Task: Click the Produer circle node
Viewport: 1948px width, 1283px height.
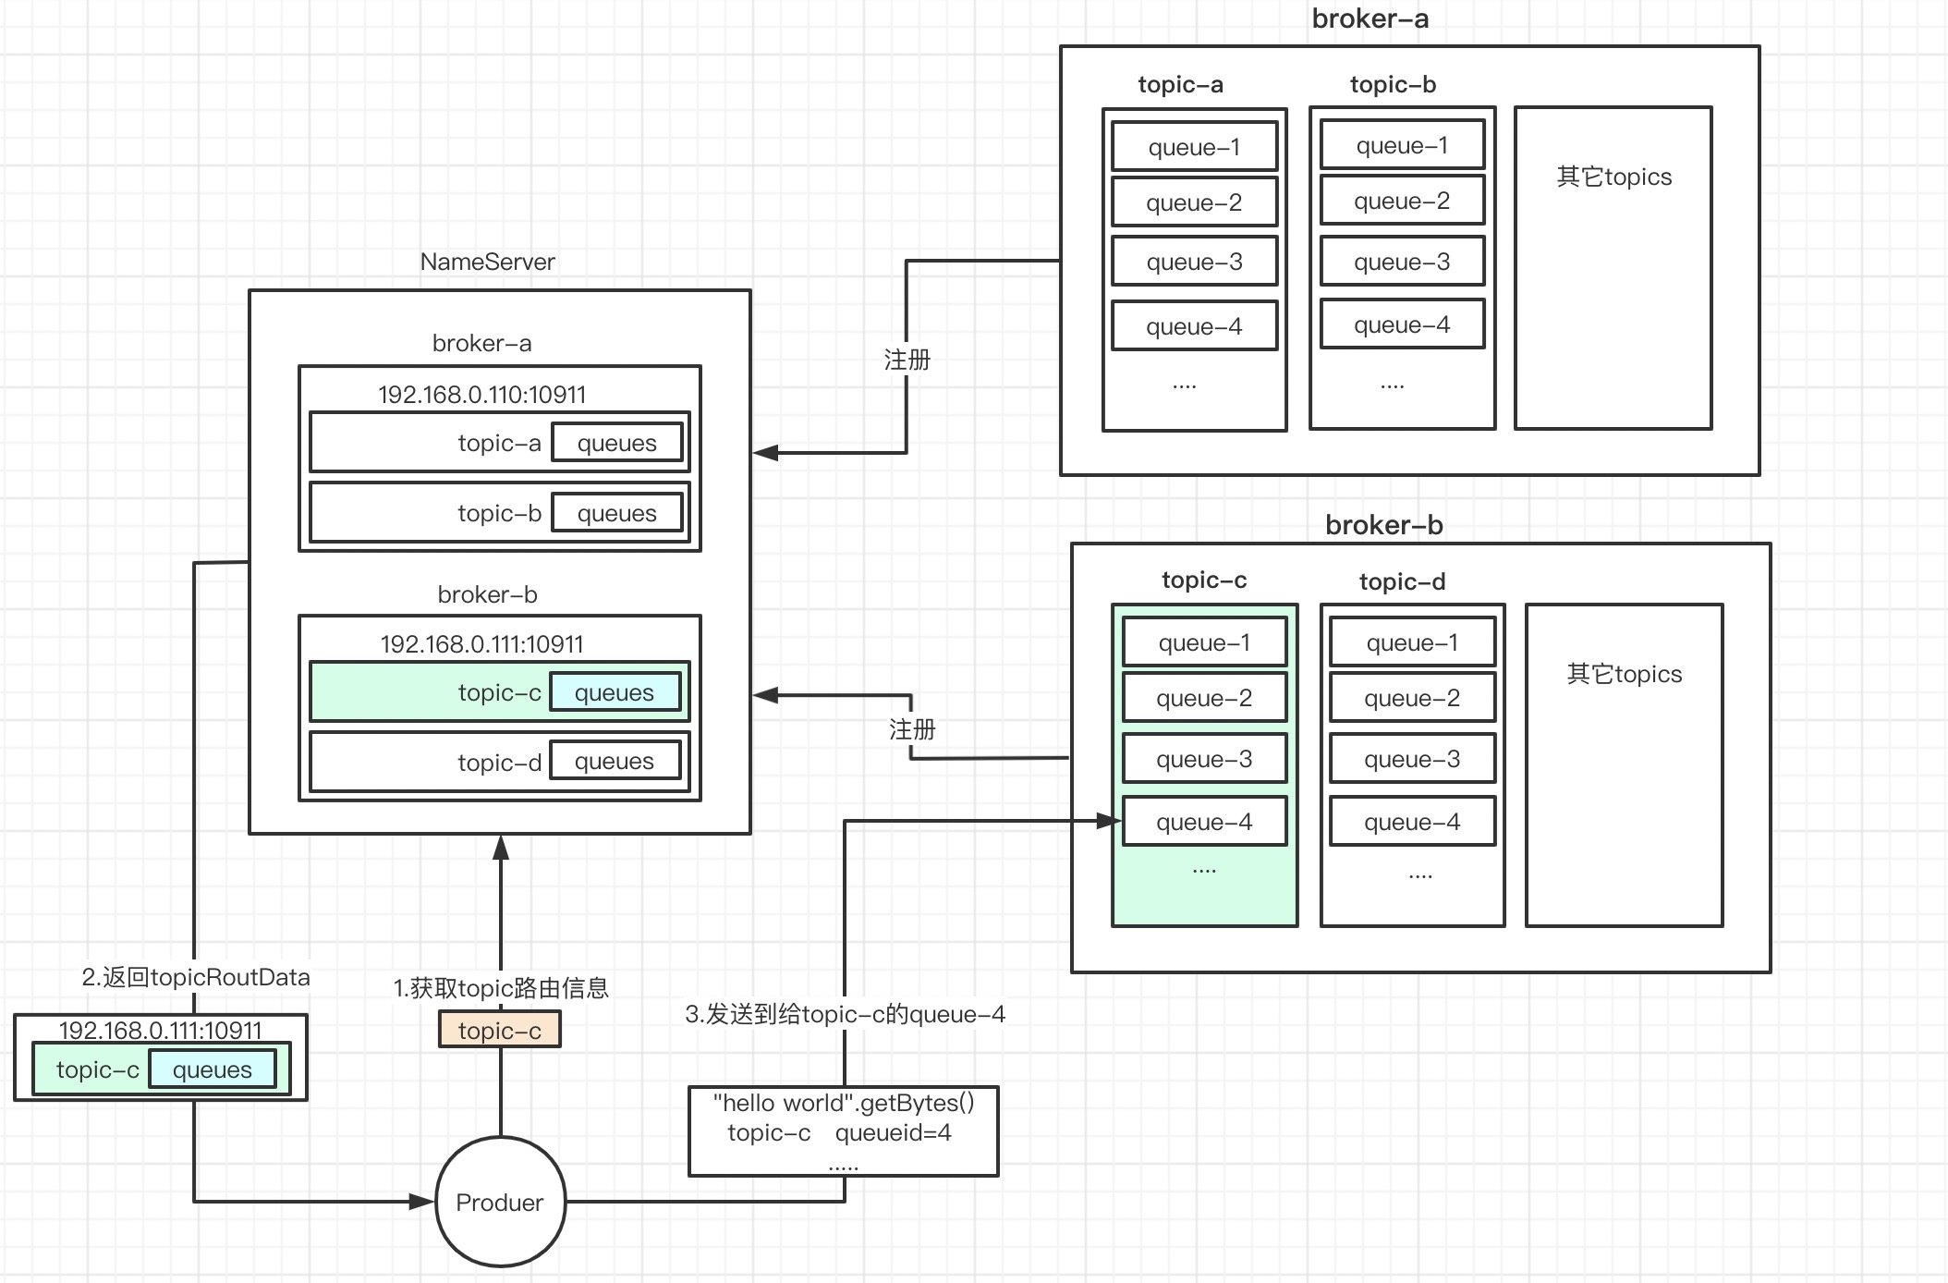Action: click(x=500, y=1202)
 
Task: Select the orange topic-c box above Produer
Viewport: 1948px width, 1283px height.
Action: click(x=500, y=1030)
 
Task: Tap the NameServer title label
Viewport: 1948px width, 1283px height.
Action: click(x=487, y=262)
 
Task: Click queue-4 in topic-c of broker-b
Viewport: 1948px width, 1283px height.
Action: click(x=1205, y=822)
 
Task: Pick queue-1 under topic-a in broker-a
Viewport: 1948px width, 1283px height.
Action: click(x=1195, y=146)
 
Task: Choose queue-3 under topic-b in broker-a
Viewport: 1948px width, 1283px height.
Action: click(x=1403, y=262)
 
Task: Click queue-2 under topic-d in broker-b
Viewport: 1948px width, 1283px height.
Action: click(x=1413, y=698)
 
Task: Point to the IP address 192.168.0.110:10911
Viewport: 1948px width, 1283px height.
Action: click(x=481, y=395)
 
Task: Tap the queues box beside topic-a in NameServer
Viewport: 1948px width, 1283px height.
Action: click(x=617, y=443)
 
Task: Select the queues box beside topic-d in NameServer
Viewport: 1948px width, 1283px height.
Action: click(x=615, y=761)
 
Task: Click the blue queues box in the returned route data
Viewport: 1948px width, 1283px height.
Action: click(x=213, y=1069)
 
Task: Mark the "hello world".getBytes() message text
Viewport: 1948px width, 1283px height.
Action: click(x=844, y=1103)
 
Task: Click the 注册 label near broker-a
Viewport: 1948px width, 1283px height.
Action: click(x=907, y=360)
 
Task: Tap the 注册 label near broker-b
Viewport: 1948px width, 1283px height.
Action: click(x=912, y=729)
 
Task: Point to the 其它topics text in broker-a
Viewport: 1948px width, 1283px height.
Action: click(x=1614, y=177)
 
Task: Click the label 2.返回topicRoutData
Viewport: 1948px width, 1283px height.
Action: click(x=196, y=977)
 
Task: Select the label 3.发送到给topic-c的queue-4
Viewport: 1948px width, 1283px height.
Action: click(x=845, y=1014)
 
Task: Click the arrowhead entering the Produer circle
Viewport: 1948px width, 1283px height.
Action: click(x=422, y=1202)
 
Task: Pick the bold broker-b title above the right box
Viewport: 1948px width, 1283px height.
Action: click(x=1384, y=525)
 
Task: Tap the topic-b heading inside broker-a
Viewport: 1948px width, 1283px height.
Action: click(x=1393, y=84)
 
